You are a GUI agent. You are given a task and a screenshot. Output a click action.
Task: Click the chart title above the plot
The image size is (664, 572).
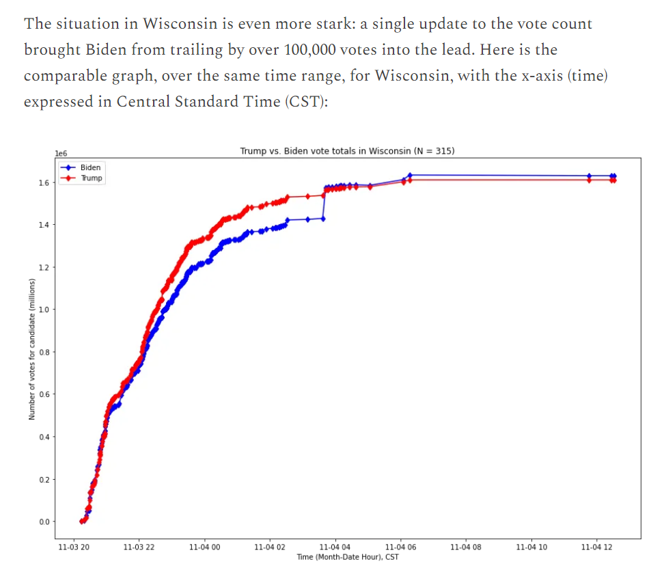pos(347,151)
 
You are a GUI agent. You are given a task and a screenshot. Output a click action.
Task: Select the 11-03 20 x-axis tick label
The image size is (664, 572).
pos(73,547)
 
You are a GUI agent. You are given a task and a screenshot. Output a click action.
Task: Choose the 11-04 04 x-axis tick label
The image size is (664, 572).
pos(335,547)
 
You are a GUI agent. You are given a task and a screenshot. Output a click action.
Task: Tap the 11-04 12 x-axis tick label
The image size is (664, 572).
pos(596,547)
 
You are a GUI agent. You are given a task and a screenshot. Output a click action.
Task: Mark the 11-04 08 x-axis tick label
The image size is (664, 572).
pos(466,547)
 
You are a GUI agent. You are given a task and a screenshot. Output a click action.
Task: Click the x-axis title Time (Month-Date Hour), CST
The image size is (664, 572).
pos(348,557)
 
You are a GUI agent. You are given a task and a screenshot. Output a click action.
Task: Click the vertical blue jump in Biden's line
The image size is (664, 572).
pos(324,203)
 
